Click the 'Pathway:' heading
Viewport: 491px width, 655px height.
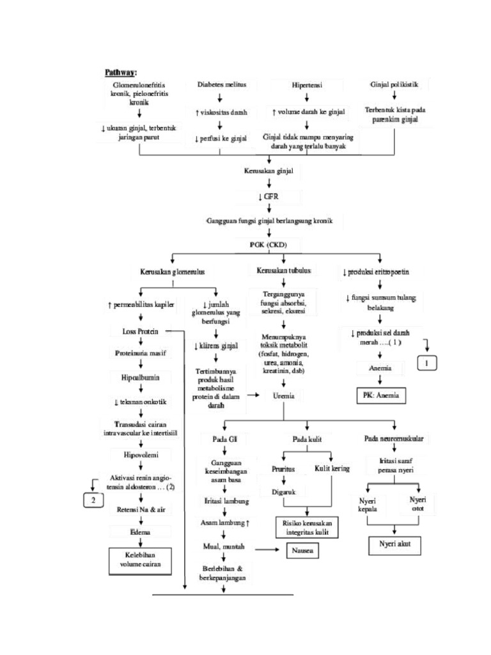pyautogui.click(x=125, y=72)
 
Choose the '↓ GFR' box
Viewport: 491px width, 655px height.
pyautogui.click(x=269, y=196)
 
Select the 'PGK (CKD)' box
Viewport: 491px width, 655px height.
pyautogui.click(x=269, y=244)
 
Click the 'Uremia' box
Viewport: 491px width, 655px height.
pyautogui.click(x=283, y=396)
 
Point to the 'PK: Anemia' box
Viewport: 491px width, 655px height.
pyautogui.click(x=380, y=395)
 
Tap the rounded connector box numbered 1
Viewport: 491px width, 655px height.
pyautogui.click(x=427, y=364)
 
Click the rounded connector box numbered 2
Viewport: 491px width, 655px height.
pyautogui.click(x=93, y=499)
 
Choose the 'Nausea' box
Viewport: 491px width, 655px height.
pyautogui.click(x=297, y=549)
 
